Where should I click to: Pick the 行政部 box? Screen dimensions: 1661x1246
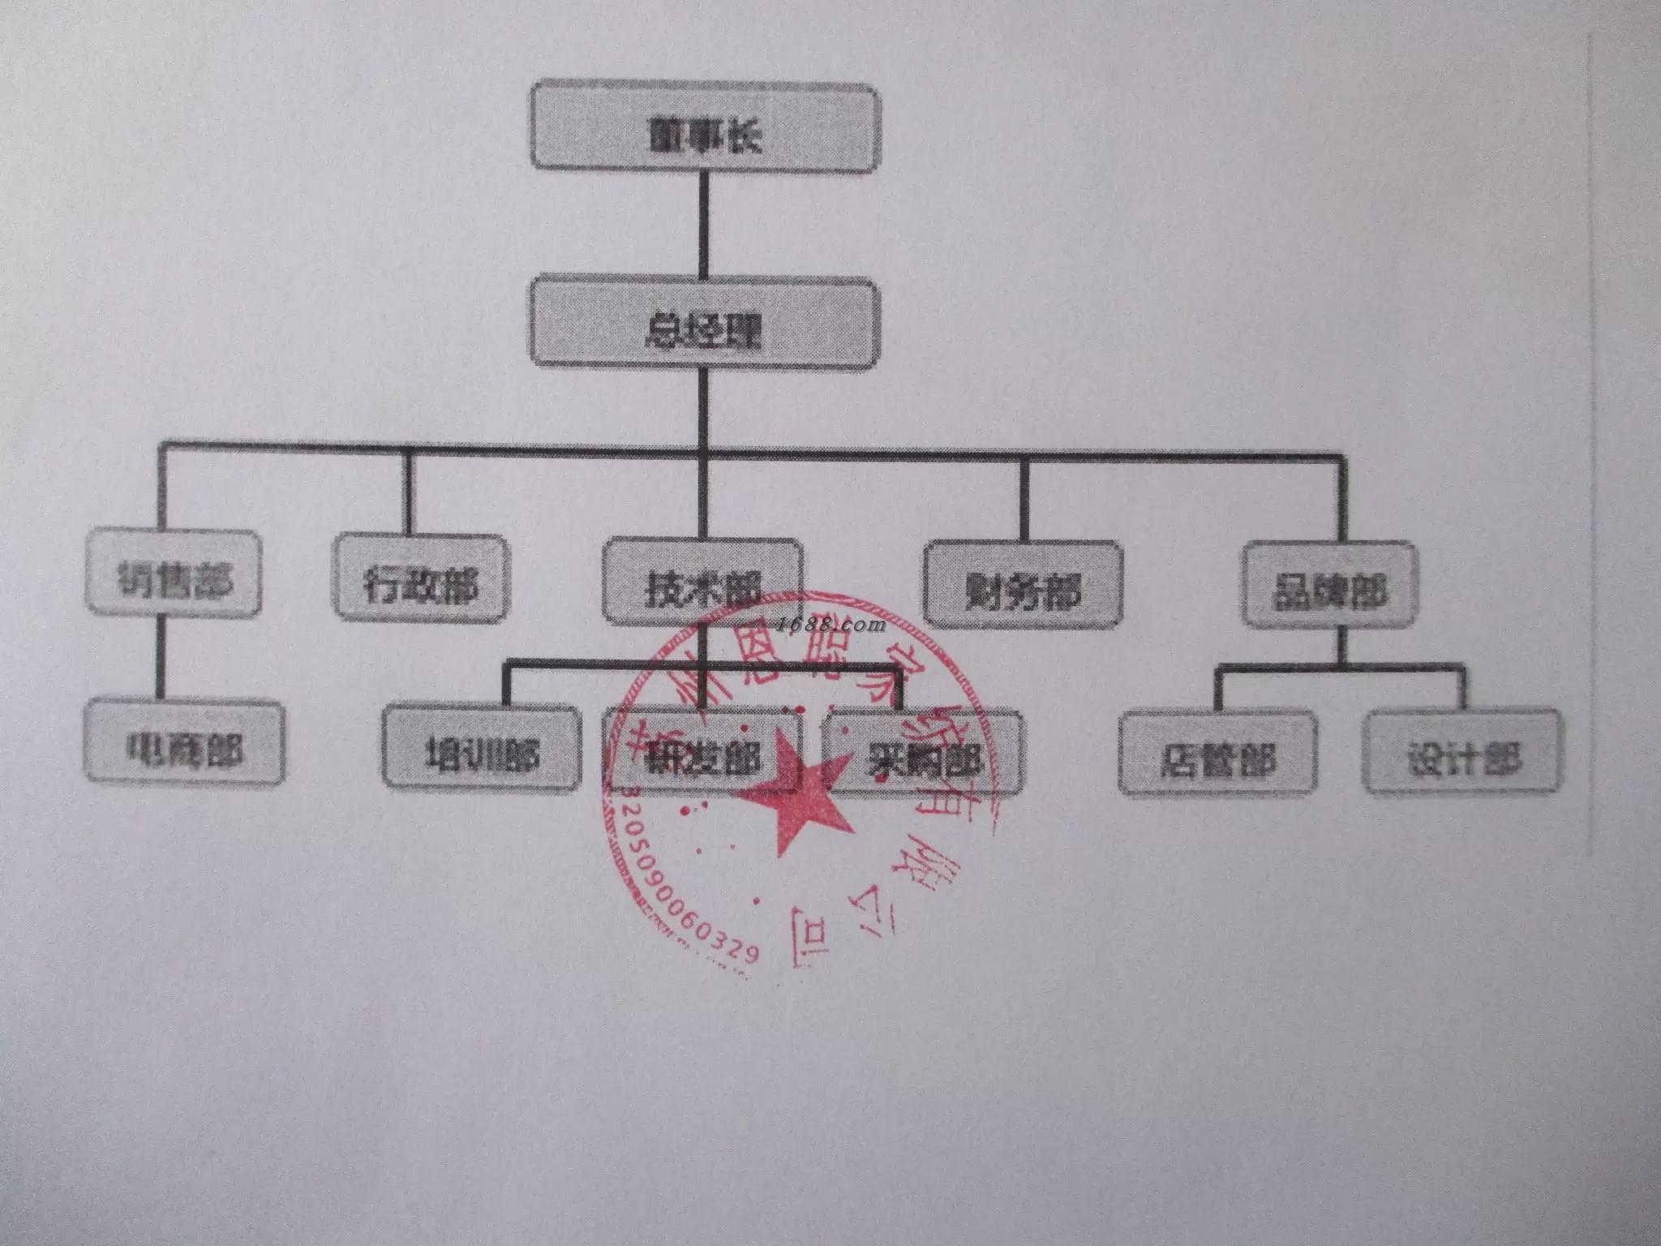point(421,578)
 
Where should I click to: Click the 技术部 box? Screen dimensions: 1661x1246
point(702,582)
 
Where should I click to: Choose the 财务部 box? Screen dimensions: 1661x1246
point(1024,584)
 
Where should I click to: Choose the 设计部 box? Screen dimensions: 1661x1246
point(1462,753)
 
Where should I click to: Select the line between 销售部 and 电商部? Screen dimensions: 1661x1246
point(160,657)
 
